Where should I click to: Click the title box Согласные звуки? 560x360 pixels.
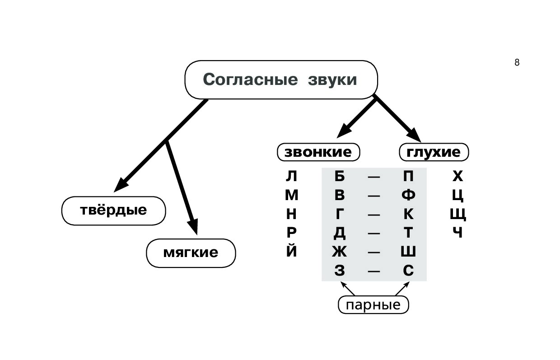point(280,79)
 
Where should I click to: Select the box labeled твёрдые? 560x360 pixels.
point(114,210)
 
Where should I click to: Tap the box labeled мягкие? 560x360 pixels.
point(191,252)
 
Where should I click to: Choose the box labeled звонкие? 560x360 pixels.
point(318,152)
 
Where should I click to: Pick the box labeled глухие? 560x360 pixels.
point(434,152)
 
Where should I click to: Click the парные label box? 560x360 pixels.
point(373,305)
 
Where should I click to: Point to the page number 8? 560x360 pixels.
point(517,63)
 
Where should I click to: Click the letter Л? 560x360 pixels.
point(292,176)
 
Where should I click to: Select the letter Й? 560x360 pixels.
point(292,250)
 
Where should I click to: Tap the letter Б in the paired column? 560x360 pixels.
point(340,176)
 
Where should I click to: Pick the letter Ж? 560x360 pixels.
point(339,251)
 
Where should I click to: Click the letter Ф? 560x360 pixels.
point(408,195)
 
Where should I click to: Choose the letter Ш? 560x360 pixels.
point(408,251)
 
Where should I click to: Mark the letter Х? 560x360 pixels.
point(457,176)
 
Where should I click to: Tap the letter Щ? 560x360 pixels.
point(458,214)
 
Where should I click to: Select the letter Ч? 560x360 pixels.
point(457,233)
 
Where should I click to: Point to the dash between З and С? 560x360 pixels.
point(374,271)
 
